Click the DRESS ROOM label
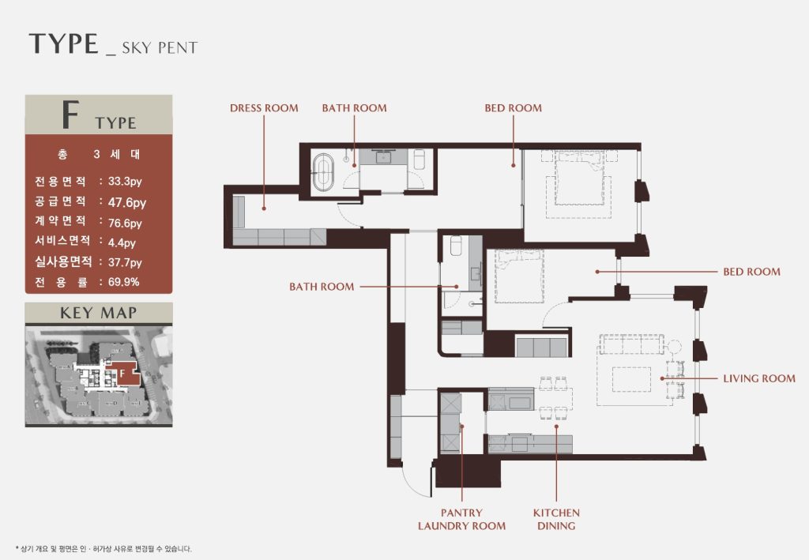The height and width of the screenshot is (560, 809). click(264, 108)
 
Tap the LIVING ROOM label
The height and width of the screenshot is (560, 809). click(759, 378)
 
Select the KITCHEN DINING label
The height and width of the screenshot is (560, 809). click(556, 519)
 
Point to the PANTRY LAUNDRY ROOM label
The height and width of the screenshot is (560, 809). click(461, 519)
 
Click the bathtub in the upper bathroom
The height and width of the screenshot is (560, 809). click(323, 172)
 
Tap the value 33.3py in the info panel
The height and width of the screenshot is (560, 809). click(125, 182)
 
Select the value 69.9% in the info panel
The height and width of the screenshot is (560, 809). click(124, 282)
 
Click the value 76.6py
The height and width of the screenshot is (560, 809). click(125, 224)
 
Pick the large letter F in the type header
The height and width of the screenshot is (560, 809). click(70, 115)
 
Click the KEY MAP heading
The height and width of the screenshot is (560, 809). click(99, 313)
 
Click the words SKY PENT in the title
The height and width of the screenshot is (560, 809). click(160, 48)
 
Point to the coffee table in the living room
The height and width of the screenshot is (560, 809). click(631, 380)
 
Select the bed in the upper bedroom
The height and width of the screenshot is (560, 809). click(579, 178)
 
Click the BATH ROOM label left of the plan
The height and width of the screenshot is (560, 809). click(322, 287)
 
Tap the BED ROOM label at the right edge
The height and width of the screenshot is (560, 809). click(752, 272)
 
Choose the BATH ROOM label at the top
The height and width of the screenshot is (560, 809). click(355, 108)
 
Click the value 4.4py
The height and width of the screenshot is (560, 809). click(122, 242)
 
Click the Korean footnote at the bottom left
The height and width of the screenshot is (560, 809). click(103, 549)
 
